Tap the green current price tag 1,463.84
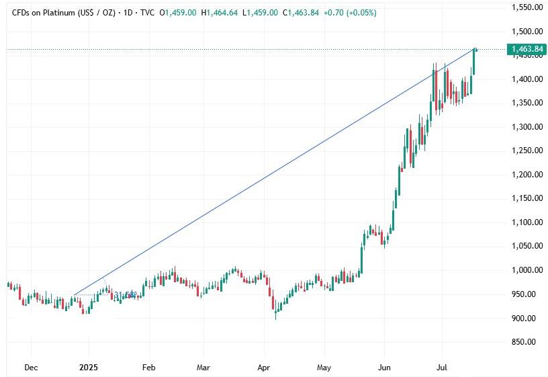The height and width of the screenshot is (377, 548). tap(527, 49)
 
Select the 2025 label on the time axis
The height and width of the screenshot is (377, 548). tap(89, 368)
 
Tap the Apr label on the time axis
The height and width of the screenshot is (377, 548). tap(264, 368)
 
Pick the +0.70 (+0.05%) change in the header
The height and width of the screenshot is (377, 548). tap(353, 13)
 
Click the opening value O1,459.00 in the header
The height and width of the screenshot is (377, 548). tap(178, 13)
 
